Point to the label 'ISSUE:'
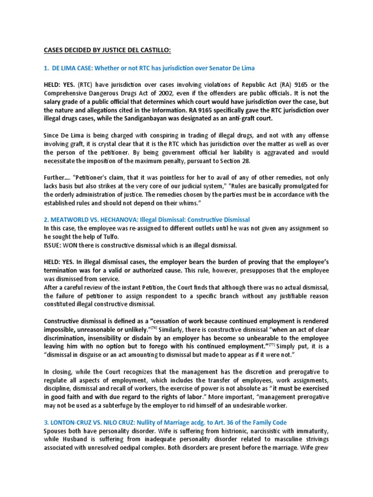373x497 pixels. [x=53, y=245]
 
